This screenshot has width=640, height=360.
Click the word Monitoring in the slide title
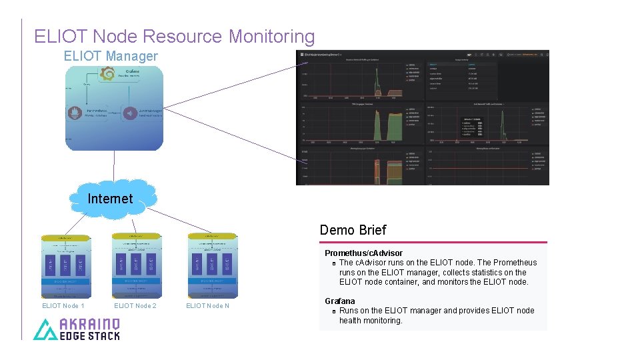click(x=271, y=36)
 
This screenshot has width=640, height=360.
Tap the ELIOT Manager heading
click(x=111, y=56)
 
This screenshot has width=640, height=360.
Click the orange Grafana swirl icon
click(x=107, y=74)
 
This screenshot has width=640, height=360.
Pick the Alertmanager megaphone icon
click(x=130, y=113)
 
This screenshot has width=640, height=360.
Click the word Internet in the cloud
click(x=110, y=199)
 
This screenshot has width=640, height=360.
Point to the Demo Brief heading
click(x=353, y=230)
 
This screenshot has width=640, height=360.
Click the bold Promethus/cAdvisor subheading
click(x=363, y=253)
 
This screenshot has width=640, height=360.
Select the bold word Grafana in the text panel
click(x=340, y=301)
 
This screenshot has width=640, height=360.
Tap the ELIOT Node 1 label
click(x=63, y=306)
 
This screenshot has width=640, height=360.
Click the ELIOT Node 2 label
click(x=135, y=306)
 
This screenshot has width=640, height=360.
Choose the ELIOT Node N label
click(x=207, y=306)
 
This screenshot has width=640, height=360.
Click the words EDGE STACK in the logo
click(x=90, y=336)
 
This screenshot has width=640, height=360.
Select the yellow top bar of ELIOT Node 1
click(x=65, y=237)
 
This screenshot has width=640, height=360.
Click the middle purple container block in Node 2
click(x=137, y=263)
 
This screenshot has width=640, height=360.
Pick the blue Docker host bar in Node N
click(x=212, y=281)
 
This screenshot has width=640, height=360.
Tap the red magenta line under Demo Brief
click(x=433, y=242)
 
